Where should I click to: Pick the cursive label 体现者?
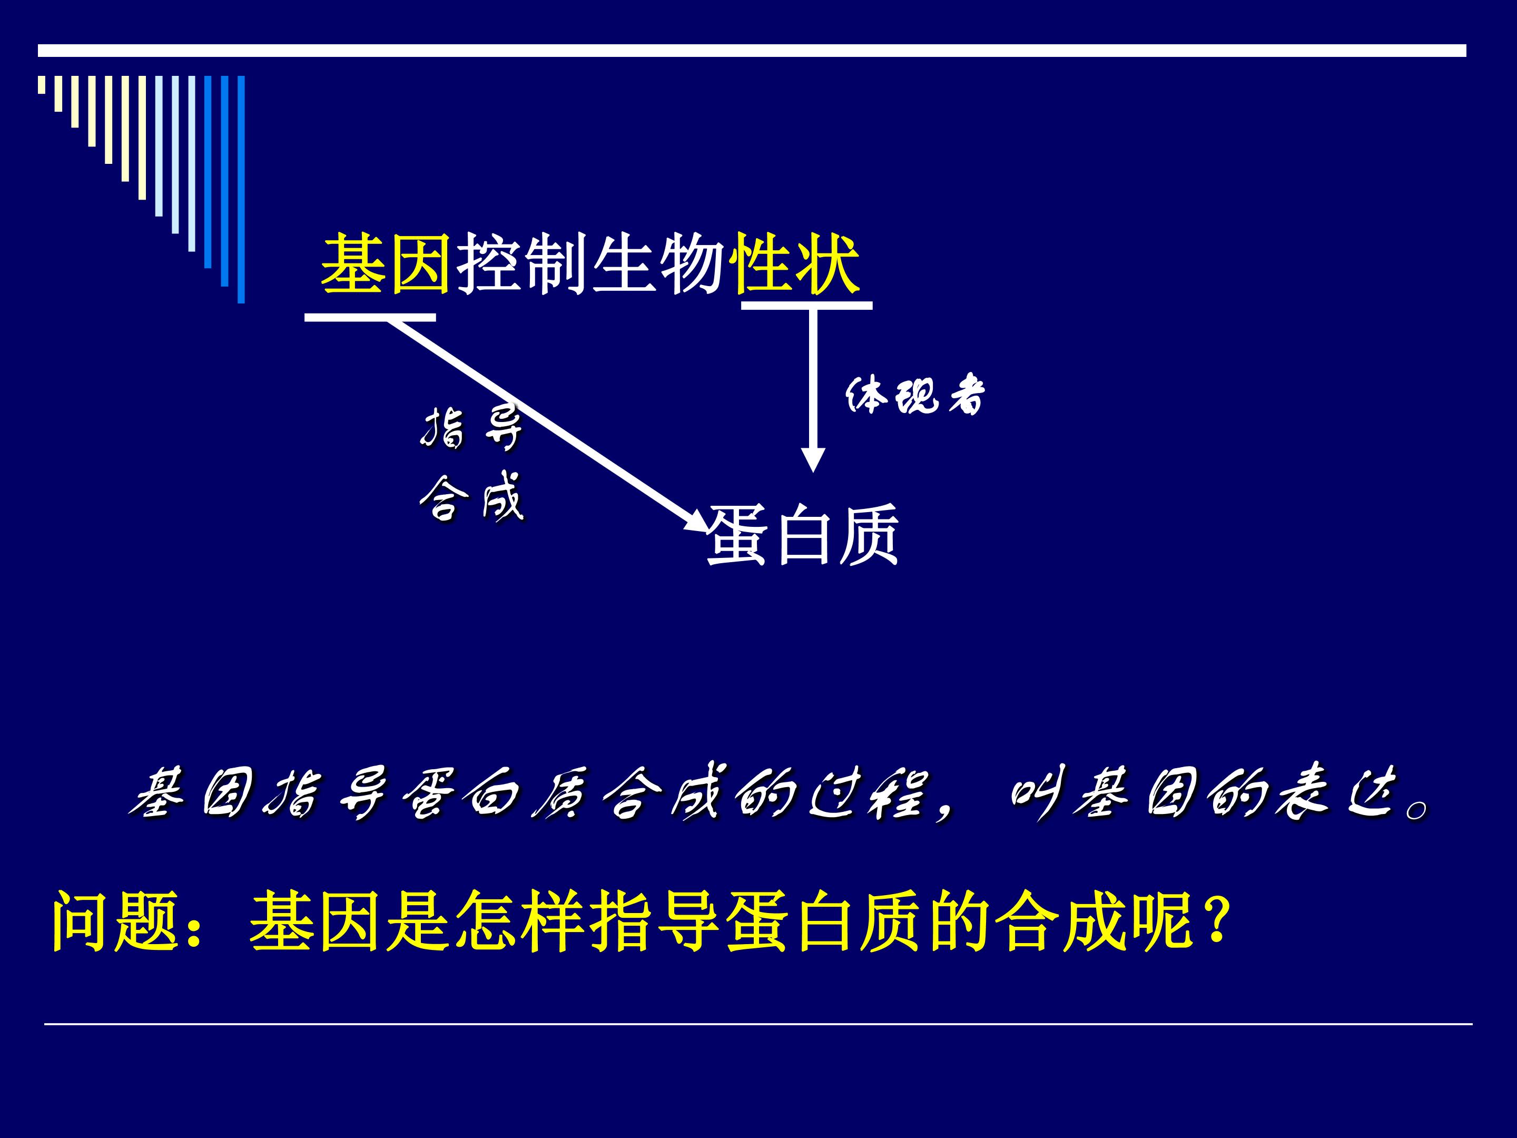pyautogui.click(x=915, y=395)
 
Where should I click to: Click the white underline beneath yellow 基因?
pyautogui.click(x=370, y=317)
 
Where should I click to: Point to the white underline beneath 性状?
pyautogui.click(x=806, y=305)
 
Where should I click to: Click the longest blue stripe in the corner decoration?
pyautogui.click(x=241, y=189)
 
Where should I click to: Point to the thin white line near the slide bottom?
pyautogui.click(x=758, y=1043)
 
